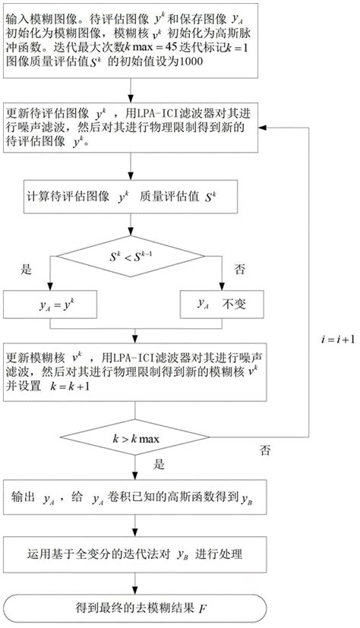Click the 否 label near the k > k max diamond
click(x=265, y=450)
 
